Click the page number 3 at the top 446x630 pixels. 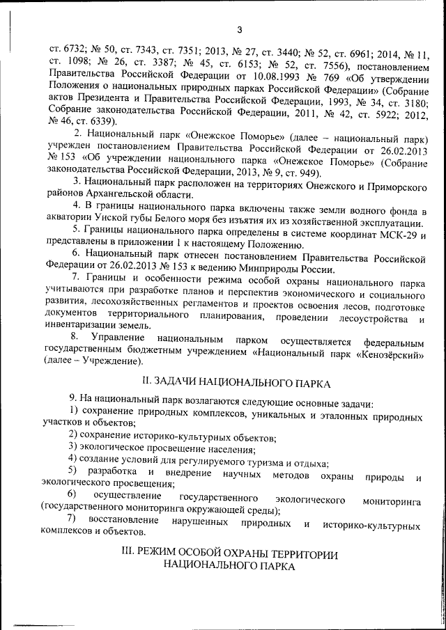238,29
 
